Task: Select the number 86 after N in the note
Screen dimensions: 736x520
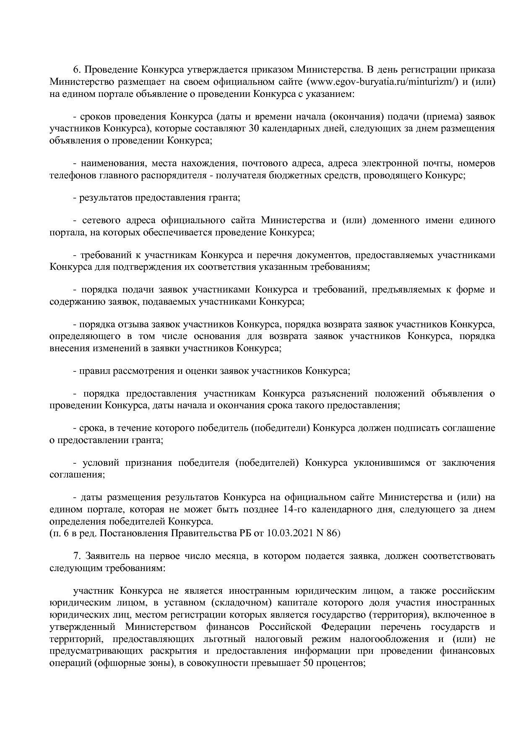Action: (x=332, y=533)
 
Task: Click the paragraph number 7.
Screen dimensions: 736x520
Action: (x=77, y=556)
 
